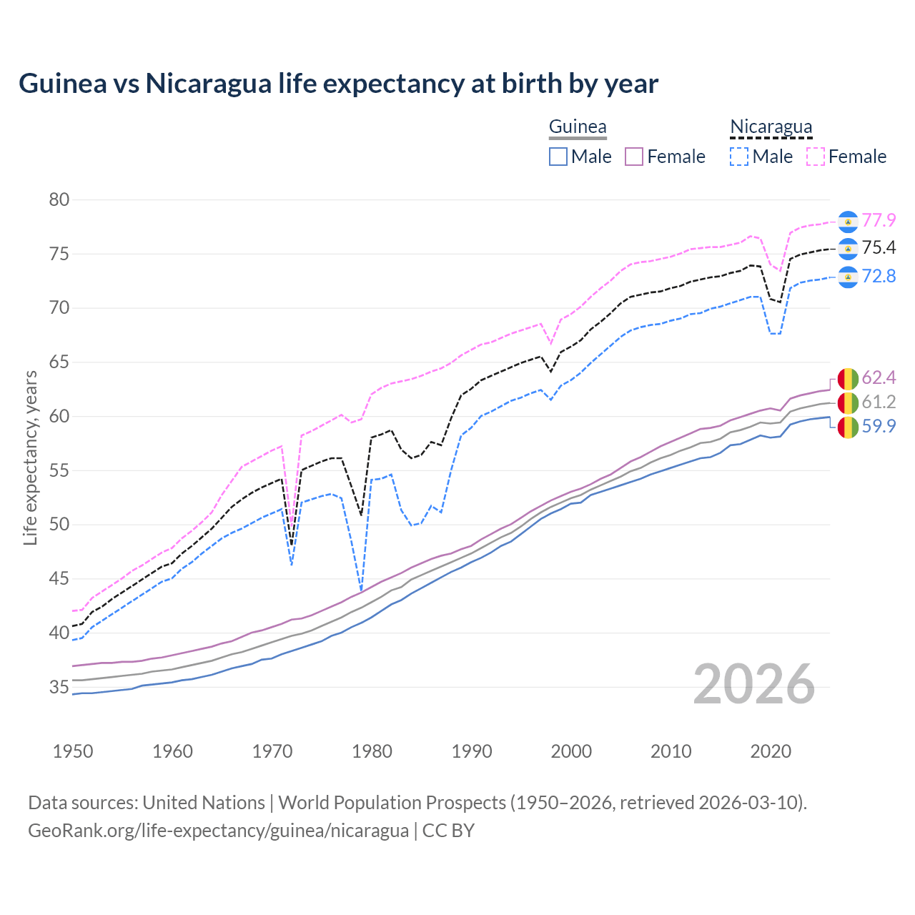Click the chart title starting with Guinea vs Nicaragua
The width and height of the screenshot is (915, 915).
(338, 84)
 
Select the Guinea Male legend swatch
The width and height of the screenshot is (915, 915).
(558, 157)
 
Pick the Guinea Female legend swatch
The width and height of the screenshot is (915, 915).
(635, 157)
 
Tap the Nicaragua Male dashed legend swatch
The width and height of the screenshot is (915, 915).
(739, 157)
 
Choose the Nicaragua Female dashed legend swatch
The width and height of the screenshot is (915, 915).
(816, 157)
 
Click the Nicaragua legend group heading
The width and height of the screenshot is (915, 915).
(771, 127)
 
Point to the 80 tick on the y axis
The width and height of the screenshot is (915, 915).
(59, 199)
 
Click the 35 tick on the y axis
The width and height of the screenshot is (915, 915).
(59, 687)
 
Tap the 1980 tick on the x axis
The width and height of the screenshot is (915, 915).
(372, 751)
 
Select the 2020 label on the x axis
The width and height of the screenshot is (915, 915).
(771, 751)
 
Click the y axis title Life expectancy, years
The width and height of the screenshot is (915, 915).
(30, 457)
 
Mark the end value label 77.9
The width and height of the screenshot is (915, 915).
(879, 220)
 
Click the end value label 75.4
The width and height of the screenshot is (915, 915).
(879, 247)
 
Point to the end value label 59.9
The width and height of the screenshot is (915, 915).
(879, 426)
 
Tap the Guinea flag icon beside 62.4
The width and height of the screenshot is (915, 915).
(848, 377)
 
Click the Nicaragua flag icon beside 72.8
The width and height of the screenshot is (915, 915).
(848, 277)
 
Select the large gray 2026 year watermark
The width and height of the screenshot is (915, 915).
(754, 684)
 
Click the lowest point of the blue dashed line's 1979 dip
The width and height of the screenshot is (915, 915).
(361, 590)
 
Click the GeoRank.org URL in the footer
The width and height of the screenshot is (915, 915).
(218, 831)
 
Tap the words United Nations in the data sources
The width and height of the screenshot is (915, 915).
(204, 803)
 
